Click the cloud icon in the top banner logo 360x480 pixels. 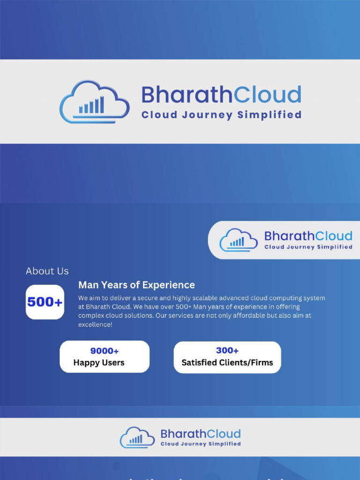[94, 102]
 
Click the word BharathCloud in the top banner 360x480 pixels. [221, 95]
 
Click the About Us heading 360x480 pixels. [47, 271]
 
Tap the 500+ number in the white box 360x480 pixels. [45, 302]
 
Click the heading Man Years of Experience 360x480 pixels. [136, 285]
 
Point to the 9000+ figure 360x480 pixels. [105, 351]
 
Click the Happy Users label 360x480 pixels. [99, 362]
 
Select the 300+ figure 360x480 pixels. [227, 351]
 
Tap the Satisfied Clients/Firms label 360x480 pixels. [227, 362]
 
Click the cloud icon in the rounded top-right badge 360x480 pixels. [238, 240]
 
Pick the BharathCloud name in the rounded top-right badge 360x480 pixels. [308, 236]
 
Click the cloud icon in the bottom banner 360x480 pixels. [137, 437]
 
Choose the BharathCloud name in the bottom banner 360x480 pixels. [200, 434]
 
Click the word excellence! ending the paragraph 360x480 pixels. [95, 324]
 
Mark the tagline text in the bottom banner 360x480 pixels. [201, 444]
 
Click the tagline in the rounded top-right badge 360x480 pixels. [308, 247]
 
